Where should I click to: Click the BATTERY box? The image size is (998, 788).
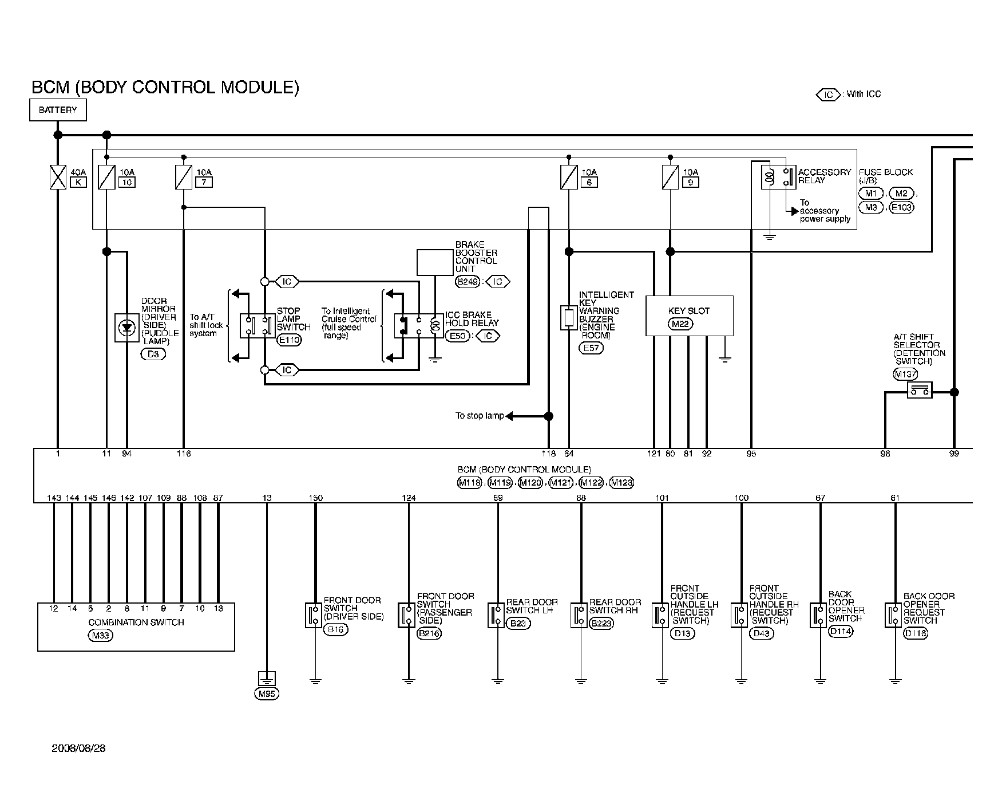point(58,110)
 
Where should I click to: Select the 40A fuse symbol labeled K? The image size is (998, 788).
point(58,177)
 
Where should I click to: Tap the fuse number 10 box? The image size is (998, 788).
point(126,183)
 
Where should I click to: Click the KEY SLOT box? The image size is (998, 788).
point(689,315)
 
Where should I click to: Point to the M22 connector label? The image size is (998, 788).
point(680,324)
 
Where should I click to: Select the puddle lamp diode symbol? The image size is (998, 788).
point(126,328)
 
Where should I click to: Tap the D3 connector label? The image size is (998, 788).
point(153,354)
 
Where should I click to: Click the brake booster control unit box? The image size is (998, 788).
point(434,262)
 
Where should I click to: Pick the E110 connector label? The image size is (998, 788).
point(289,340)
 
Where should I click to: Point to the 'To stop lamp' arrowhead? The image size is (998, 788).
point(509,416)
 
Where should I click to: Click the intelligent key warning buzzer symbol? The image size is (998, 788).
point(568,317)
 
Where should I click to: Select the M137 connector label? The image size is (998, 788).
point(905,375)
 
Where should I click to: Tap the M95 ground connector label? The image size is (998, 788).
point(267,694)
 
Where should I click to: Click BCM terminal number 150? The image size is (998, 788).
point(315,498)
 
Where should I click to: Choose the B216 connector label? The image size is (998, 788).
point(430,633)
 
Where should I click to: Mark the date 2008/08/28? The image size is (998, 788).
point(78,748)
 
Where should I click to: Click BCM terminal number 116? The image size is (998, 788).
point(184,454)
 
